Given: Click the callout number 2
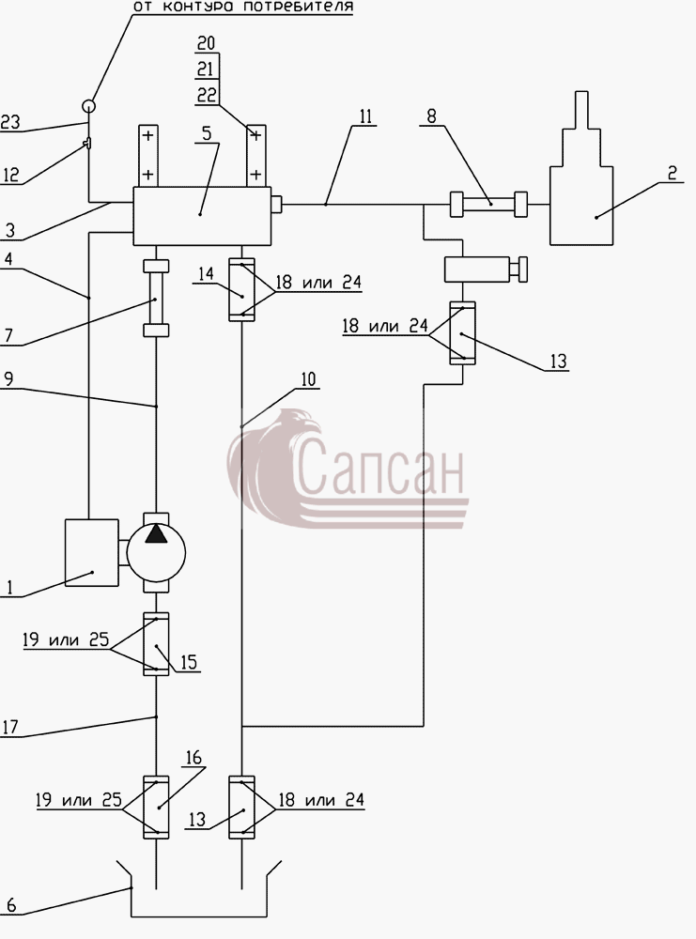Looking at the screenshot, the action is [x=672, y=173].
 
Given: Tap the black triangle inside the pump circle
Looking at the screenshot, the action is [x=156, y=533].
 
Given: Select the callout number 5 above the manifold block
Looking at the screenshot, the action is [x=207, y=133].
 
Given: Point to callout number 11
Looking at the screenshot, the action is [x=365, y=115].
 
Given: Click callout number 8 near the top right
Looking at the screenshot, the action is [x=431, y=115].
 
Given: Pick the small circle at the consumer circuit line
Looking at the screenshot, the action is [x=88, y=107].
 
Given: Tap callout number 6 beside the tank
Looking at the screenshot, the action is [x=10, y=905].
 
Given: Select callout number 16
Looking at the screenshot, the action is [x=193, y=758].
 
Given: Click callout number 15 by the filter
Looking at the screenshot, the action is [x=188, y=662].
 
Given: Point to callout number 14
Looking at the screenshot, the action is [x=206, y=273].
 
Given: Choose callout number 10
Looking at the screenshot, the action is [x=308, y=379].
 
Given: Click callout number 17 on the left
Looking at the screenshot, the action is [x=9, y=727].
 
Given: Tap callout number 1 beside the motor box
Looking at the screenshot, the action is [x=9, y=588].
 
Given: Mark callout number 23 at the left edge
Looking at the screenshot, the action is [x=10, y=122].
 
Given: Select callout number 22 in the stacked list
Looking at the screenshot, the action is [x=207, y=95].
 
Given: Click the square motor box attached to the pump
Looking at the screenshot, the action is [x=92, y=553].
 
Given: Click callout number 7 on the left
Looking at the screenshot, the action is [x=8, y=335].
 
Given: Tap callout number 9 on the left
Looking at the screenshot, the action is [x=8, y=379].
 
